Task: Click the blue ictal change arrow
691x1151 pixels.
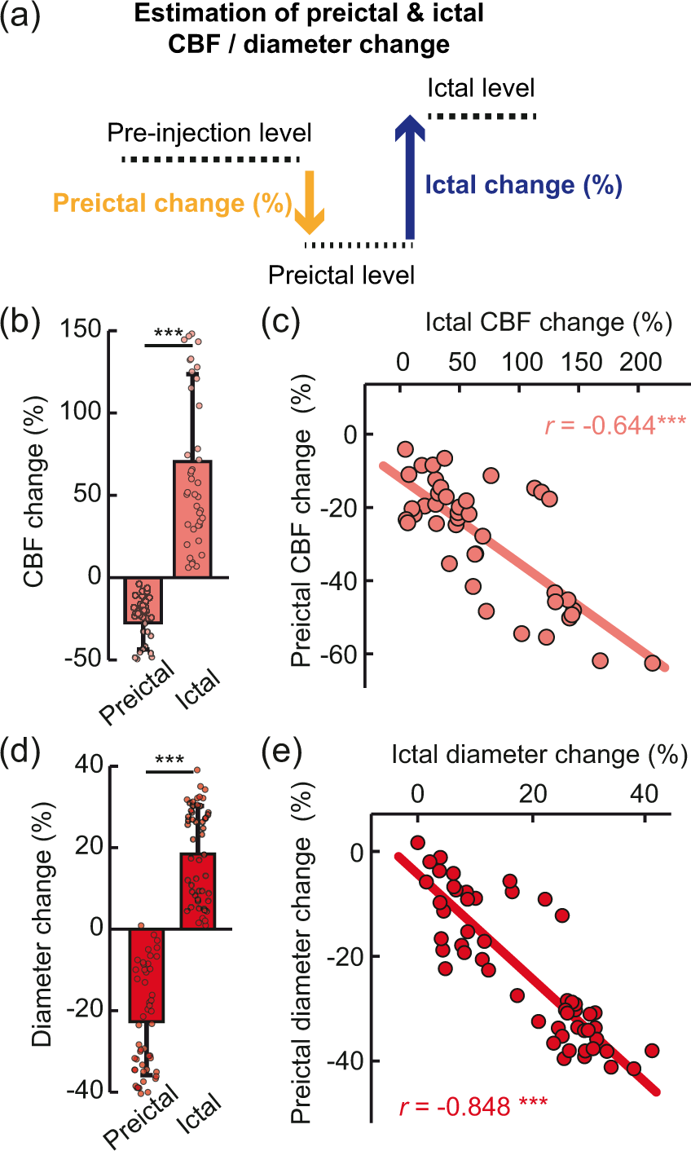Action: tap(409, 177)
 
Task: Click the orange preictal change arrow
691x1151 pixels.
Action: tap(310, 202)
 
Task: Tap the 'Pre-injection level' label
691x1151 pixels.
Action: tap(209, 133)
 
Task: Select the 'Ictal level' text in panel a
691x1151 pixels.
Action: tap(481, 88)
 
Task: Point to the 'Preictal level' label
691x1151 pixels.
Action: tap(341, 276)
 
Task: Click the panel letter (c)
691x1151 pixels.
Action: tap(281, 322)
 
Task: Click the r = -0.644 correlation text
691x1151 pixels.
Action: tap(615, 426)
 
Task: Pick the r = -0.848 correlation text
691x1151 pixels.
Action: tap(473, 1106)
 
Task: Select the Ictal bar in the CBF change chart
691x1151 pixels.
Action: tap(192, 518)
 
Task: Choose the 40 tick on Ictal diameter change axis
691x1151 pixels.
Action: tap(645, 794)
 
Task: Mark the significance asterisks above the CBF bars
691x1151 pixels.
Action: tap(169, 333)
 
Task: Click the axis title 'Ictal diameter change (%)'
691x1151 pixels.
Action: tap(539, 755)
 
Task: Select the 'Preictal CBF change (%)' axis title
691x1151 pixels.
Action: tap(302, 521)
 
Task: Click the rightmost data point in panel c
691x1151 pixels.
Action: tap(653, 663)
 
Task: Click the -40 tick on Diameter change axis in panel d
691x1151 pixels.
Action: tap(86, 1091)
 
